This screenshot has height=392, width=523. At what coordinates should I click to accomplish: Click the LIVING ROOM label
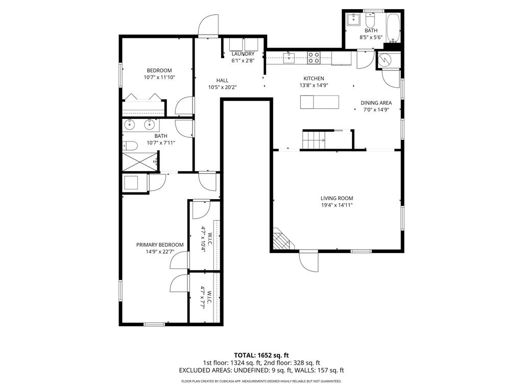coord(337,198)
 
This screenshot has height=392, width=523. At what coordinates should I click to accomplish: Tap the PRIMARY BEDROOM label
coord(160,244)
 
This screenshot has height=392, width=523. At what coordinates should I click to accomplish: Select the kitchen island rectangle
coord(320,102)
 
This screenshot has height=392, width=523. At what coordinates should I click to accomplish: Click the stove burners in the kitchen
coord(314,58)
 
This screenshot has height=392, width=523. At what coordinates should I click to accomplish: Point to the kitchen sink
coord(289,58)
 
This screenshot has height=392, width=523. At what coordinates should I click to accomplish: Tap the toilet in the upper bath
coord(370,19)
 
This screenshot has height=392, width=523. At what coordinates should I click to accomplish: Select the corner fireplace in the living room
coord(282,239)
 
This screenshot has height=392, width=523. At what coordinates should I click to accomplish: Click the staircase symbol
coord(315,139)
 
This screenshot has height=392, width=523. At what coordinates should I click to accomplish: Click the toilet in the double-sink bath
coord(130,145)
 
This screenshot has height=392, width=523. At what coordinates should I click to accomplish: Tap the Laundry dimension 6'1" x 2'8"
coord(243,61)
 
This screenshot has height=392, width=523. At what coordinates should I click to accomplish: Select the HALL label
coord(223,80)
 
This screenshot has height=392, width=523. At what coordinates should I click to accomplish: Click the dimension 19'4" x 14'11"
coord(337,205)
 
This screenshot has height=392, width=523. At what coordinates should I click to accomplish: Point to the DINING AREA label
coord(376,103)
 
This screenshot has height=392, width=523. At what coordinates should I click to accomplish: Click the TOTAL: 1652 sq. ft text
coord(261,355)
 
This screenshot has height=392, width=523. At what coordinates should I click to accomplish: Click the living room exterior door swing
coord(308,261)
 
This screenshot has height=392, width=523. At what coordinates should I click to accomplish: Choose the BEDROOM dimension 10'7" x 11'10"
coord(159,78)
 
